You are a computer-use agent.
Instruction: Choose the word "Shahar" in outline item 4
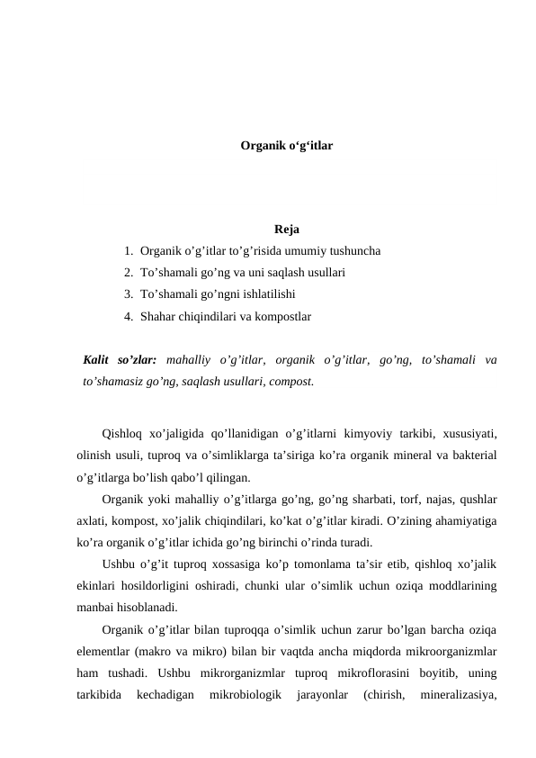159,317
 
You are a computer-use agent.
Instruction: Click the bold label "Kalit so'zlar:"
119,360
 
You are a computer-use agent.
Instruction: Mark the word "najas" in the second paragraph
398,499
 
